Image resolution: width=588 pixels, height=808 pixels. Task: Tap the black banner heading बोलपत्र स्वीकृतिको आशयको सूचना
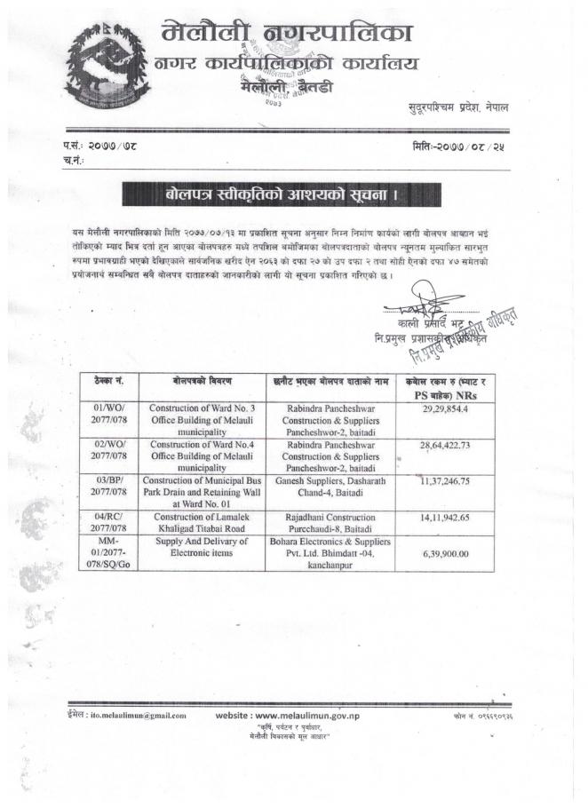point(277,194)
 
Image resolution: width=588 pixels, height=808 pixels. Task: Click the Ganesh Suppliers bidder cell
point(328,486)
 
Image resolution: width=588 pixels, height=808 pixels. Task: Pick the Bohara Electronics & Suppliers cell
point(328,553)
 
